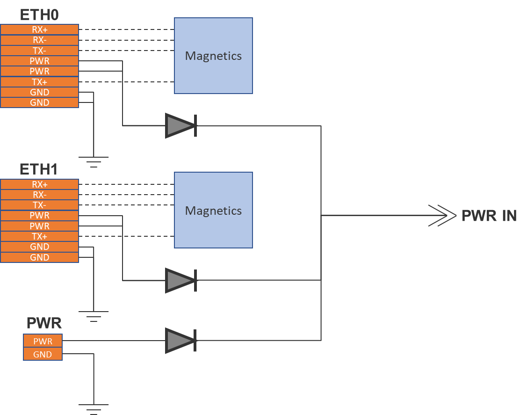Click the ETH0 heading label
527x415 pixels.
(39, 15)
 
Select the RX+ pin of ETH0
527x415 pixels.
(39, 29)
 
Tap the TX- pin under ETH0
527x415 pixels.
(39, 51)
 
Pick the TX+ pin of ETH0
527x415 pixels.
(39, 82)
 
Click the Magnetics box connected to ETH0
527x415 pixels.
(213, 56)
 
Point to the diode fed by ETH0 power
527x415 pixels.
(180, 125)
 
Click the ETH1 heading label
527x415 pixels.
(39, 169)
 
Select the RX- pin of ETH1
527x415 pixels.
(39, 195)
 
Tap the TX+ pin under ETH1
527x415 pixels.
(39, 236)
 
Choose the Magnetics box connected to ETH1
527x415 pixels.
(213, 210)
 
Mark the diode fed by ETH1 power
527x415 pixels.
(180, 280)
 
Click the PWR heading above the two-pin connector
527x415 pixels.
(44, 323)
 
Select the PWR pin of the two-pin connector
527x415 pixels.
(43, 341)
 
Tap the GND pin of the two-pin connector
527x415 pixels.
(43, 354)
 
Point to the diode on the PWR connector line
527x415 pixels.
(180, 340)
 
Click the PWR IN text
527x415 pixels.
(489, 216)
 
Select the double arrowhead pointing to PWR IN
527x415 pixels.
(442, 216)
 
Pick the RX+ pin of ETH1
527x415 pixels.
(39, 184)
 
